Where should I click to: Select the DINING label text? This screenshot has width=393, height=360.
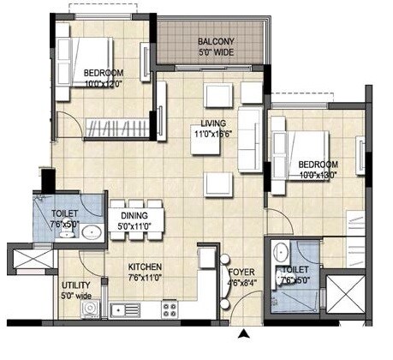click(134, 216)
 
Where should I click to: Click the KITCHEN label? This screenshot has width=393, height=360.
click(145, 267)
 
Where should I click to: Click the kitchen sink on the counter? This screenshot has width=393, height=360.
click(128, 308)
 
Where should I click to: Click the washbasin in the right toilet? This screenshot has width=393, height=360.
click(281, 253)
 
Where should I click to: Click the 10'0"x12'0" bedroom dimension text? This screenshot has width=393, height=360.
click(104, 83)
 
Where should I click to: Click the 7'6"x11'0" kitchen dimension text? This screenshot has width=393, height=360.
click(145, 278)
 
